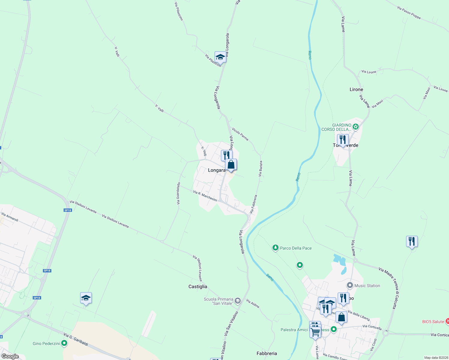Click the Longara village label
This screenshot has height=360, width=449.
tap(216, 170)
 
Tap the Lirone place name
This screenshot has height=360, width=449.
tap(356, 89)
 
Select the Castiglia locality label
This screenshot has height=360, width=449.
tap(197, 286)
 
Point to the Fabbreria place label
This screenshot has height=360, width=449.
tap(267, 353)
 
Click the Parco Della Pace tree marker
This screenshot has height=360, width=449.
tap(275, 248)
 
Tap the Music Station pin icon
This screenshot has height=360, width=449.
tap(350, 285)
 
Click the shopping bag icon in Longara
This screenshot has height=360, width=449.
tap(231, 165)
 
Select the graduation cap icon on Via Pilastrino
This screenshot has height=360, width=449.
tap(220, 57)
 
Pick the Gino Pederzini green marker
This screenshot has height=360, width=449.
tap(64, 343)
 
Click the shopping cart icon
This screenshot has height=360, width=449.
tap(315, 332)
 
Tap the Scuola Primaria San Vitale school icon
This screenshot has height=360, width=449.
tap(238, 301)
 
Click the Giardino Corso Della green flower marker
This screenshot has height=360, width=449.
tap(356, 127)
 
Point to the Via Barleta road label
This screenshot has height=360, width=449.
tap(261, 168)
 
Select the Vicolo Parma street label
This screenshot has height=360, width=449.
tap(240, 134)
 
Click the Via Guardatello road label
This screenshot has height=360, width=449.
tap(178, 193)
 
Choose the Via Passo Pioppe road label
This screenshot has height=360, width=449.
tap(409, 13)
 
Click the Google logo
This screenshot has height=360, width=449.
tap(10, 356)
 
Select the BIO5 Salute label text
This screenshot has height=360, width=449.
tap(433, 322)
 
